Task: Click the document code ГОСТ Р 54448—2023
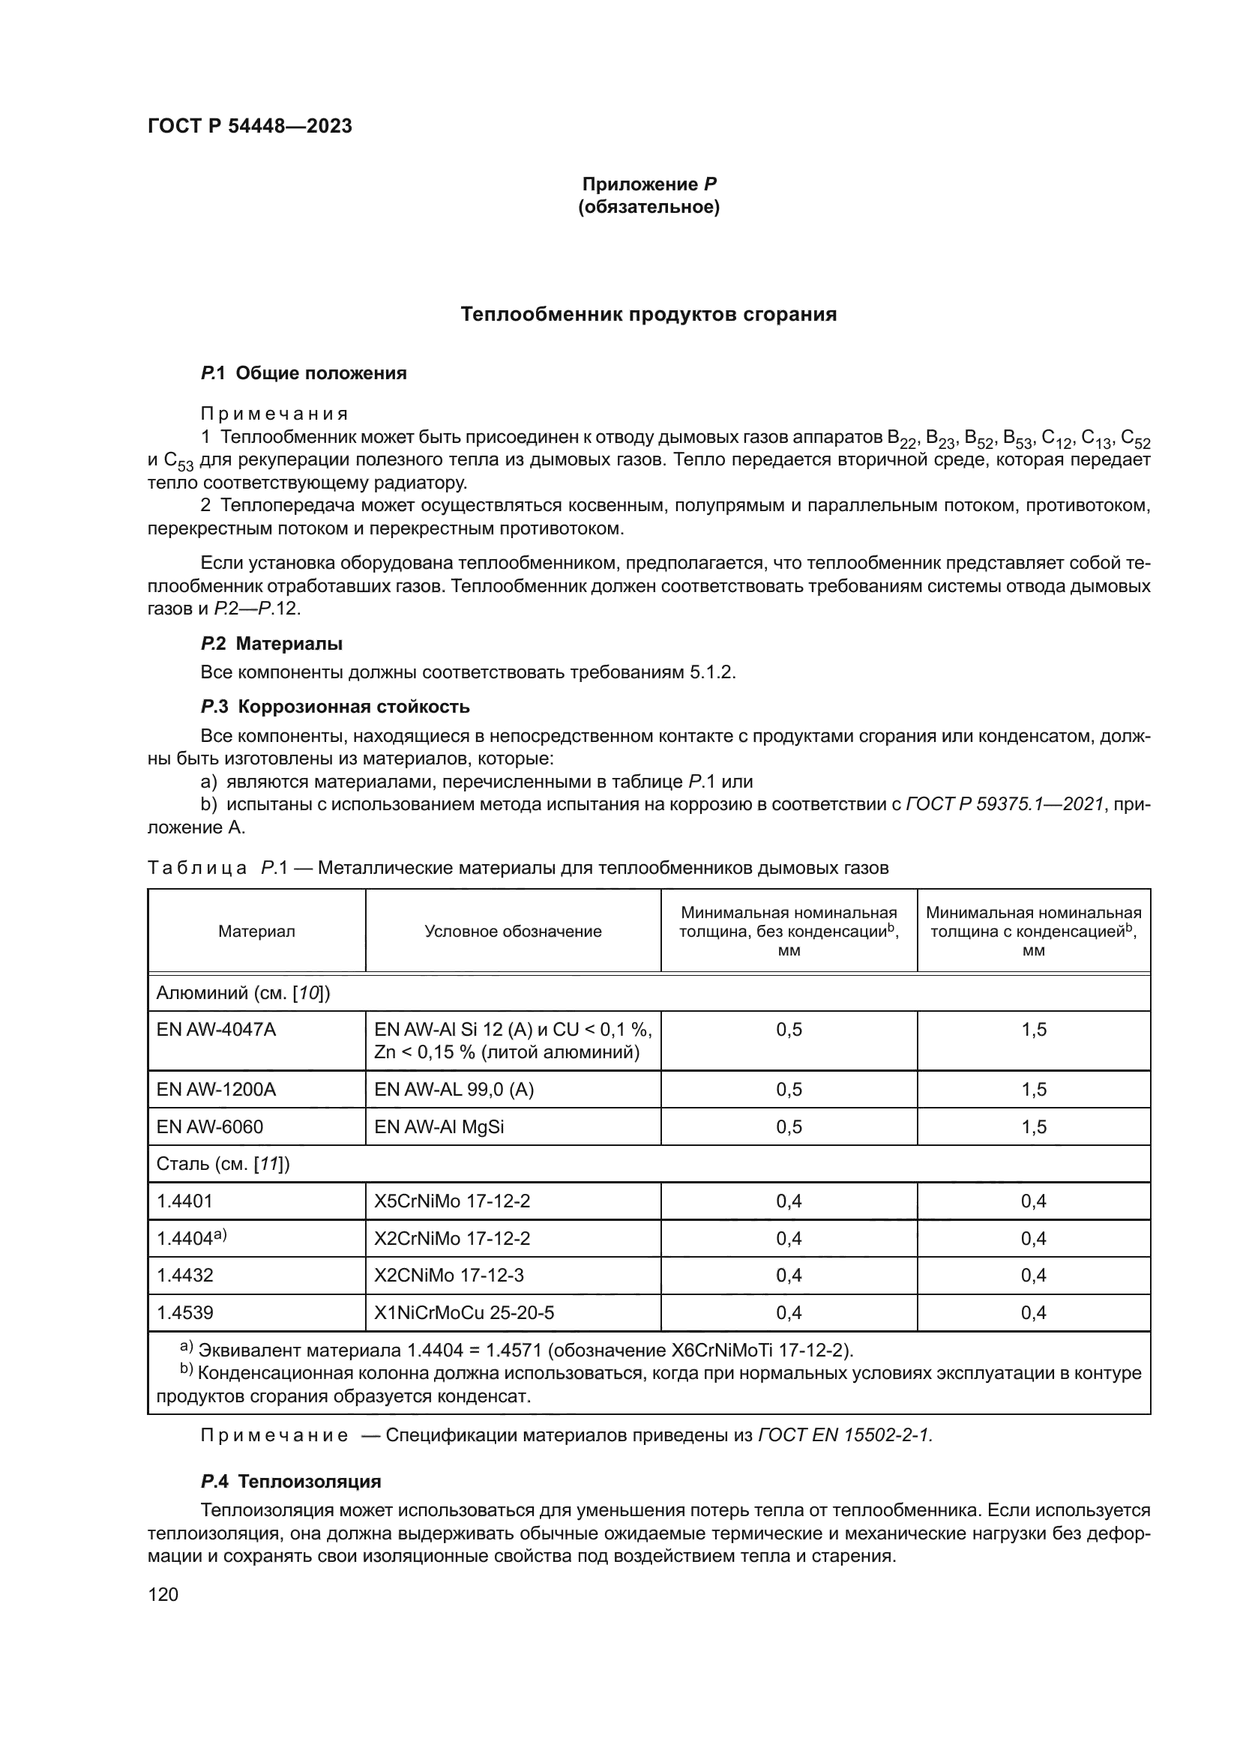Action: pos(250,126)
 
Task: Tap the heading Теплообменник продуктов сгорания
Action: pos(648,315)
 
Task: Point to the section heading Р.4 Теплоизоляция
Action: pos(290,1481)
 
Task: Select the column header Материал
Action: pos(256,932)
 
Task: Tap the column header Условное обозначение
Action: pos(513,932)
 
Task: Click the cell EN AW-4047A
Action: pos(216,1030)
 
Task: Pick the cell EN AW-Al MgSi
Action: pos(439,1127)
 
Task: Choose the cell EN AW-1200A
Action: pos(216,1090)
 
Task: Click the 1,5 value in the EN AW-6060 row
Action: pos(1033,1127)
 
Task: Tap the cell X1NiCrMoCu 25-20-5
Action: pos(464,1312)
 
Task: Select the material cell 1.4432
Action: pos(184,1275)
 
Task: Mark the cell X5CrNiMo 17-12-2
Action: pos(452,1201)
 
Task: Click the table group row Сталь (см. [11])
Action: pos(223,1164)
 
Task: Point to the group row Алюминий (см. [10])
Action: pos(243,993)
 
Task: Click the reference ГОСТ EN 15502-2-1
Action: pos(844,1435)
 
